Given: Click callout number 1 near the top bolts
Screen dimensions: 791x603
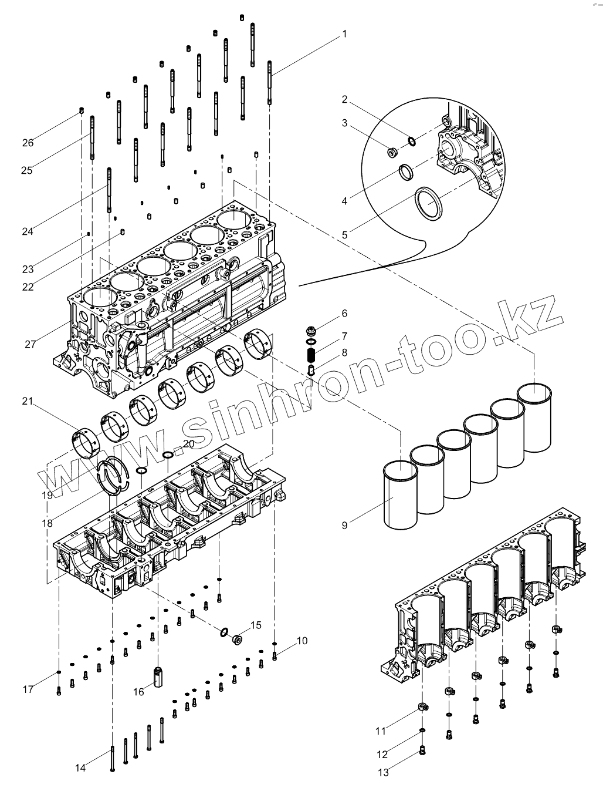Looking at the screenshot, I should [344, 34].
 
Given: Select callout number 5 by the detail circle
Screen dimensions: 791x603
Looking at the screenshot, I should [345, 234].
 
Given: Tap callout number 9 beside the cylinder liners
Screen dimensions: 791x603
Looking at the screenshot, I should [344, 525].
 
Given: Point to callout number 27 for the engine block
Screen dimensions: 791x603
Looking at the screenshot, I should [31, 344].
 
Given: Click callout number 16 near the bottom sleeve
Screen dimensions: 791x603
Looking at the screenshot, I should [138, 692].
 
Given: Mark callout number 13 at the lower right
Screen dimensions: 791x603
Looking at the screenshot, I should [383, 773].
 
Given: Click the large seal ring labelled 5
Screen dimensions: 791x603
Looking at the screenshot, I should [429, 203].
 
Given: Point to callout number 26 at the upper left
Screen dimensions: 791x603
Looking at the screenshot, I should [28, 143].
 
